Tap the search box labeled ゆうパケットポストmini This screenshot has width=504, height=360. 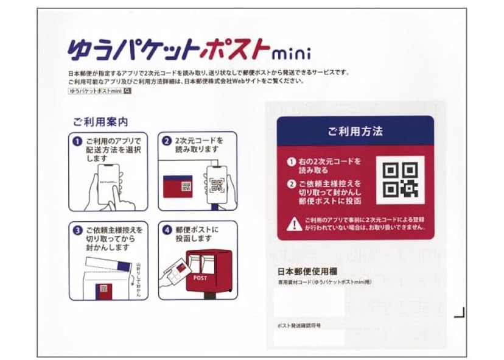[100, 91]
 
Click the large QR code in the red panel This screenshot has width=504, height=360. [399, 180]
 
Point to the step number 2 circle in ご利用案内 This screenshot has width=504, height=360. [166, 140]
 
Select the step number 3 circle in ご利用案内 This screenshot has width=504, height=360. [77, 231]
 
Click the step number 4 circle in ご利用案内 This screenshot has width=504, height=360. [166, 230]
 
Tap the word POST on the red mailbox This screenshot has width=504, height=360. [200, 277]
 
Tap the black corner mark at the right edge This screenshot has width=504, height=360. [461, 314]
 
